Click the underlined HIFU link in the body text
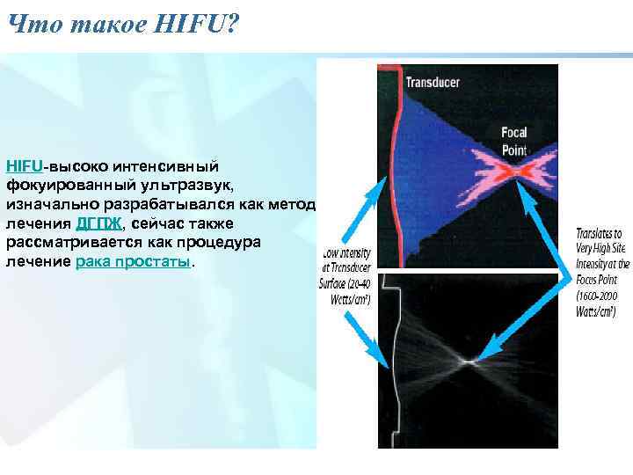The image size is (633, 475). pyautogui.click(x=24, y=165)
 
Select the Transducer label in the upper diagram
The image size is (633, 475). pyautogui.click(x=432, y=84)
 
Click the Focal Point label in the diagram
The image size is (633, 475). pyautogui.click(x=513, y=141)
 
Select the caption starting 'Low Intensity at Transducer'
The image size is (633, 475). pyautogui.click(x=346, y=273)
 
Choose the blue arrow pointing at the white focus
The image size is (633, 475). pyautogui.click(x=523, y=321)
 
